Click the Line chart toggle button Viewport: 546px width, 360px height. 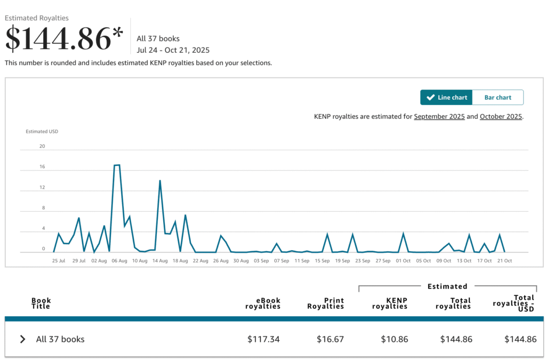(446, 98)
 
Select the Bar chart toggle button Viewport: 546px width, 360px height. (497, 98)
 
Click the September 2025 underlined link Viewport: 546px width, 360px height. (439, 116)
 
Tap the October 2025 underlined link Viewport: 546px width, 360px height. (501, 116)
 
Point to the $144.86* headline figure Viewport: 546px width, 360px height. (64, 39)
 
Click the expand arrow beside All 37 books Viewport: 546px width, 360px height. (22, 339)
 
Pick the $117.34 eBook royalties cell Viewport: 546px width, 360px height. (263, 339)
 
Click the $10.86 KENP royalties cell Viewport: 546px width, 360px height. (394, 339)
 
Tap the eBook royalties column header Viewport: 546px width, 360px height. (263, 303)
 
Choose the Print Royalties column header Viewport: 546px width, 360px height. (326, 303)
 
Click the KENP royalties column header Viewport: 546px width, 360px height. (390, 303)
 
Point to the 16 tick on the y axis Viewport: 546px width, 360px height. (42, 167)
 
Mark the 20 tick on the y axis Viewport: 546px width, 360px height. (42, 146)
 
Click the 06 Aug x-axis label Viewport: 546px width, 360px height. (119, 261)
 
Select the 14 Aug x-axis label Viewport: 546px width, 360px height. (160, 261)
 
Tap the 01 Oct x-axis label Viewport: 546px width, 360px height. (403, 261)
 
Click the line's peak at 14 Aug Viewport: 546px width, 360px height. (160, 181)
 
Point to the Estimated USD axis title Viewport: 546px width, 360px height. (42, 131)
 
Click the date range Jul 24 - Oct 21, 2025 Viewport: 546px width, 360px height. (173, 50)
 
